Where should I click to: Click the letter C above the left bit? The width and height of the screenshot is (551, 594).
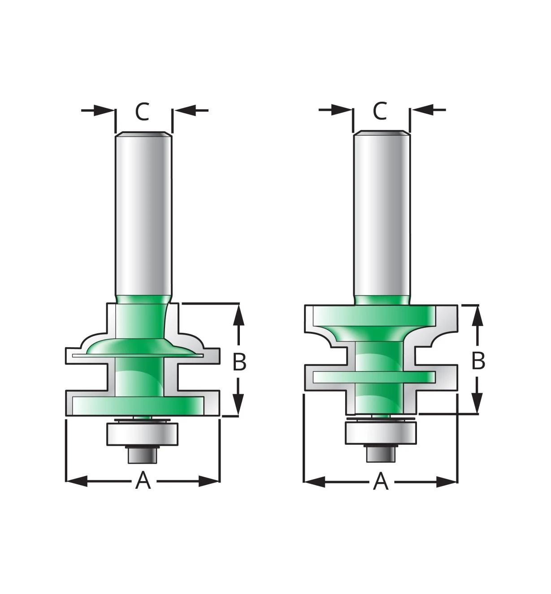pyautogui.click(x=142, y=112)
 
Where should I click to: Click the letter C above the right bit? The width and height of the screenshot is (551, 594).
pyautogui.click(x=380, y=111)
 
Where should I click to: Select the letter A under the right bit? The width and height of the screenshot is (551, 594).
pyautogui.click(x=381, y=481)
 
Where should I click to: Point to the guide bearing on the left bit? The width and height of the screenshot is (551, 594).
pyautogui.click(x=142, y=434)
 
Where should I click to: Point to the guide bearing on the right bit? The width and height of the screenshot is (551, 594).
pyautogui.click(x=381, y=433)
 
